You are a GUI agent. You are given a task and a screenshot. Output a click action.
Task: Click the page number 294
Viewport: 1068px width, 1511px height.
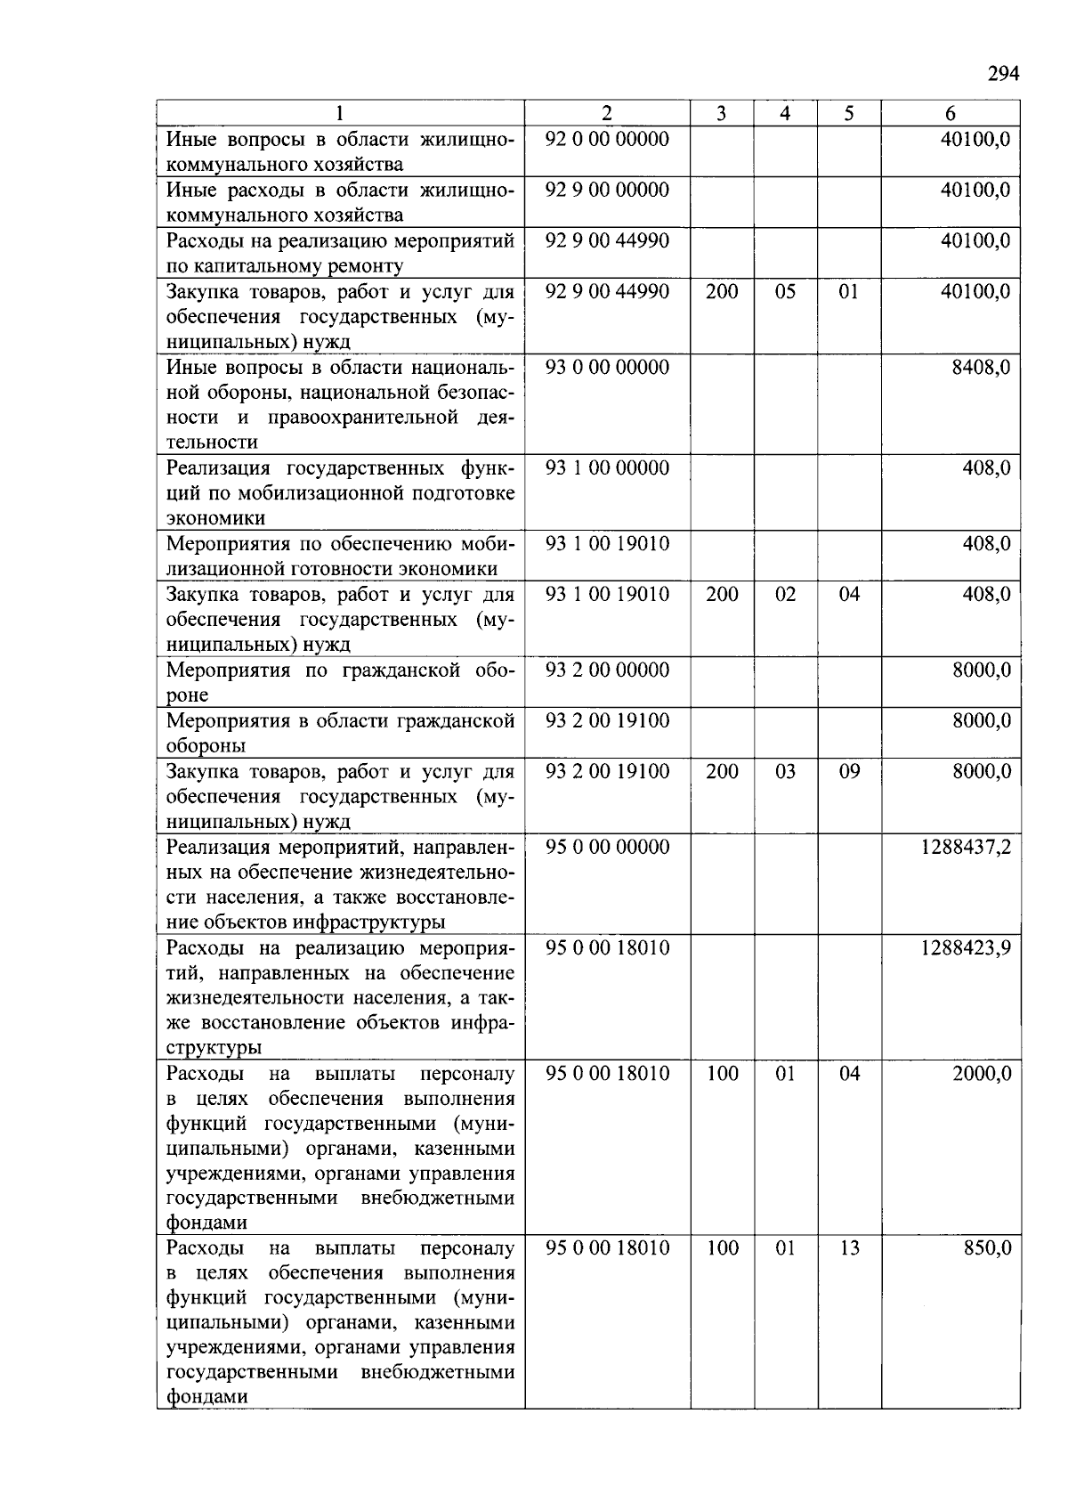(x=1002, y=74)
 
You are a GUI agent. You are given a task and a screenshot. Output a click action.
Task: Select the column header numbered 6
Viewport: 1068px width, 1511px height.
(x=951, y=113)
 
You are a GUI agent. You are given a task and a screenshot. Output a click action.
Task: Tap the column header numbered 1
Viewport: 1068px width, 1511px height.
(x=340, y=113)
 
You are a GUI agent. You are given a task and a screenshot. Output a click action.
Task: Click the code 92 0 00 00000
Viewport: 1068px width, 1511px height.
(x=607, y=139)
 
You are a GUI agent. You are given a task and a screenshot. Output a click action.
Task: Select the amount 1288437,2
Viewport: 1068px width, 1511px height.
(x=966, y=847)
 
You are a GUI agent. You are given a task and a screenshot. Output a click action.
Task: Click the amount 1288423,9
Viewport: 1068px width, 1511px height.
(x=966, y=947)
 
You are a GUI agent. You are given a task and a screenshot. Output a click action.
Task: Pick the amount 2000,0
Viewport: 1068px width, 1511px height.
(x=982, y=1074)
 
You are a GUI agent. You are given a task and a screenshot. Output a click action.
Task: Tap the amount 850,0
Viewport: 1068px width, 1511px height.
(x=988, y=1248)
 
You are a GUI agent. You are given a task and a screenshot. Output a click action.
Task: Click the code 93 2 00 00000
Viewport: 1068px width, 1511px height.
(x=607, y=670)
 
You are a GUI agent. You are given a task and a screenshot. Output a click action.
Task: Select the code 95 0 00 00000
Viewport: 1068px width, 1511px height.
(x=607, y=847)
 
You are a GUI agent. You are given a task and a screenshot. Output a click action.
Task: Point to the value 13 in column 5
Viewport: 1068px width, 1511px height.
(x=849, y=1248)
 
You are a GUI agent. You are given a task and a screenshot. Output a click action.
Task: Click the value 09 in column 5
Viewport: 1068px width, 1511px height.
(x=849, y=771)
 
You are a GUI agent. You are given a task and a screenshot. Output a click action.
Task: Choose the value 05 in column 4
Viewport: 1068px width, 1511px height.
(x=785, y=291)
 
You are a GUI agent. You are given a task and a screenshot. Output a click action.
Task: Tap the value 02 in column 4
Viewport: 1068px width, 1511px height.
(x=785, y=594)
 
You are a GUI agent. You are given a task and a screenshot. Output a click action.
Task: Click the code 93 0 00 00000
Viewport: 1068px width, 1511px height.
(x=607, y=367)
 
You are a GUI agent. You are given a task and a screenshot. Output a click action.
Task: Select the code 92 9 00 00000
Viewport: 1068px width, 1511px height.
(x=607, y=190)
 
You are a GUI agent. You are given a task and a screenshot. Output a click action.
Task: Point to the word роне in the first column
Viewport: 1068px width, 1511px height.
(x=187, y=695)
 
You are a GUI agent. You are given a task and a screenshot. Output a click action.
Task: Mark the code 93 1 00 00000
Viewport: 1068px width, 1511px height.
(x=607, y=467)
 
